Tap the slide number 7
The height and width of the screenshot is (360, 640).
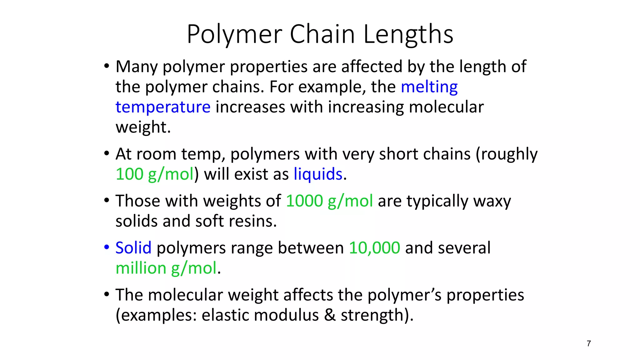click(x=589, y=343)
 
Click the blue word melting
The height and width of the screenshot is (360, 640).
click(x=429, y=87)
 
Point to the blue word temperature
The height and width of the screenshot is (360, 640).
click(x=163, y=107)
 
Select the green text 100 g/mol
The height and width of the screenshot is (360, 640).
click(x=155, y=174)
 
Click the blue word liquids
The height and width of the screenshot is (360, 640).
click(x=318, y=174)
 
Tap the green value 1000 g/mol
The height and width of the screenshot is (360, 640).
click(x=329, y=201)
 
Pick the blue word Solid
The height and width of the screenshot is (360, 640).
click(x=133, y=248)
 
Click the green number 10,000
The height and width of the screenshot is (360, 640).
click(x=374, y=248)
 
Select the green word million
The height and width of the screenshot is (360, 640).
click(x=141, y=268)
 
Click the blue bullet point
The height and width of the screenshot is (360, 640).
click(x=107, y=247)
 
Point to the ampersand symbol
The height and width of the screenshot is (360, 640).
click(x=330, y=315)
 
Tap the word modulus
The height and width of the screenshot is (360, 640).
click(x=286, y=315)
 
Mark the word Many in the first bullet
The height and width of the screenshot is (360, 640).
click(x=137, y=67)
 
